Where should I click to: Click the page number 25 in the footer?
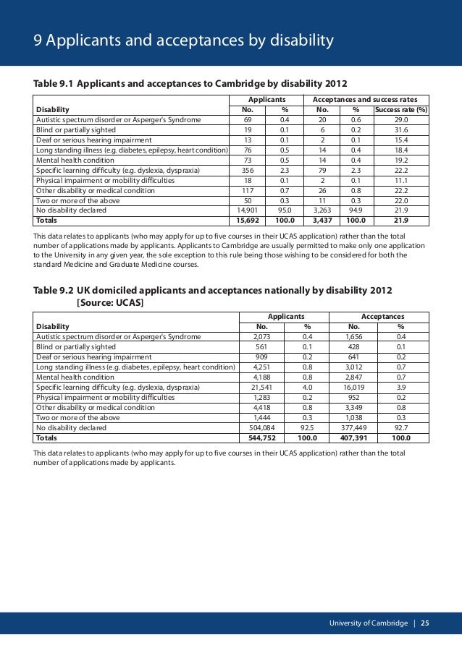pyautogui.click(x=424, y=623)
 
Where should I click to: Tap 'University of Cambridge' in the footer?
pyautogui.click(x=368, y=623)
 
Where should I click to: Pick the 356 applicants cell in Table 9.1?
pyautogui.click(x=248, y=170)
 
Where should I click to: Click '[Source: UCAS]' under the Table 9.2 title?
pyautogui.click(x=109, y=302)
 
